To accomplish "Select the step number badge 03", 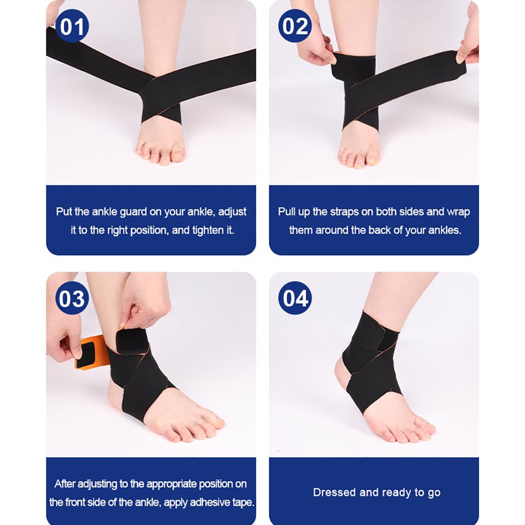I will [72, 299].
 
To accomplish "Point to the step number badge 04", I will [295, 299].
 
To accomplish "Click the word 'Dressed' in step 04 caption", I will [334, 492].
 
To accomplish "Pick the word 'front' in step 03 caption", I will [80, 503].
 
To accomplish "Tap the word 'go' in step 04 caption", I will [434, 492].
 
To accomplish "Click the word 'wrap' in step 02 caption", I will [458, 212].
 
